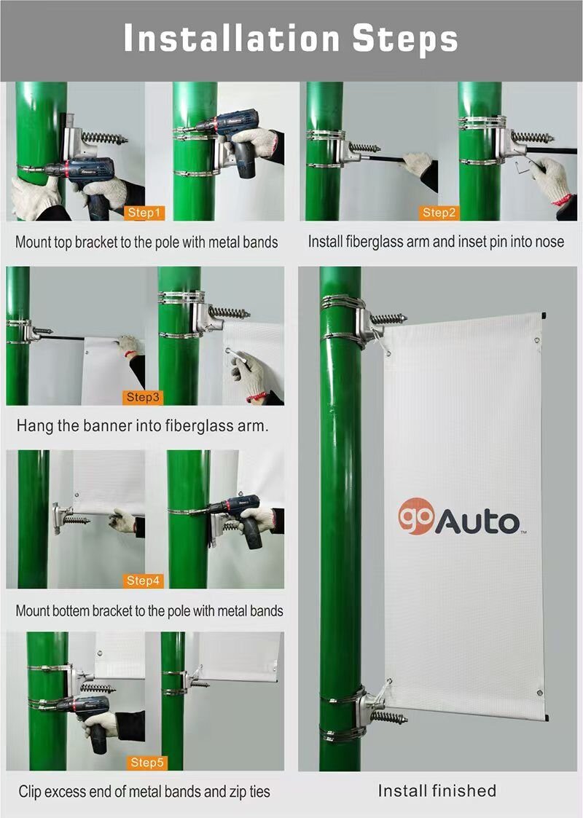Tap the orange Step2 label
pos(439,213)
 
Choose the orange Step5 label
pos(147,763)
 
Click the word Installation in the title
pos(232,38)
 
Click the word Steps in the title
pos(405,38)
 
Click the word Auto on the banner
pos(478,522)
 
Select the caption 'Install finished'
pos(437,790)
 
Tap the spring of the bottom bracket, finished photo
pos(388,717)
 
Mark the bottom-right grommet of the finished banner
pos(539,692)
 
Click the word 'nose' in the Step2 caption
pos(549,241)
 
